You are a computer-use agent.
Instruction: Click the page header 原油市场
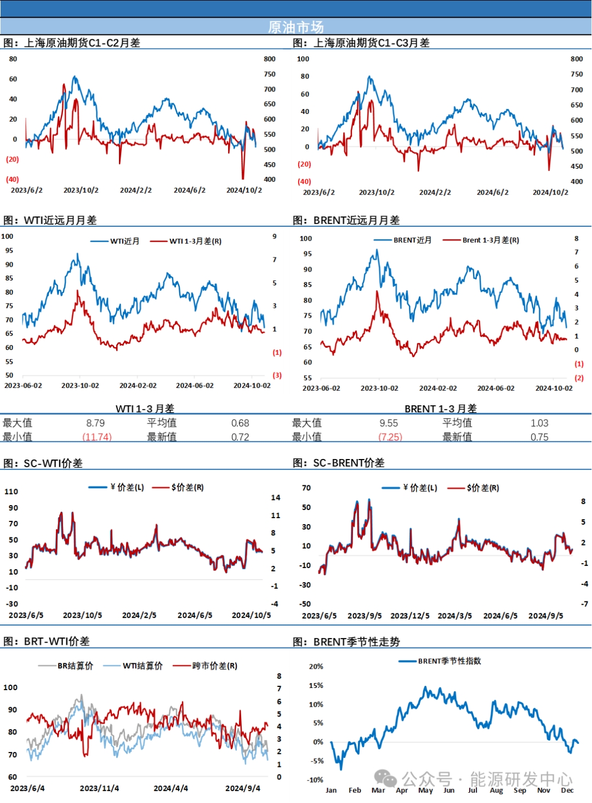[x=295, y=27]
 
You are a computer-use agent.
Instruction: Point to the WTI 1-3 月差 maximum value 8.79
[x=95, y=423]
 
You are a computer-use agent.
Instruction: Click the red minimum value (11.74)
[x=97, y=437]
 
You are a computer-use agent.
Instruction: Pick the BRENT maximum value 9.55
[x=389, y=423]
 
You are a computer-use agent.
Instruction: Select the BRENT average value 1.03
[x=539, y=423]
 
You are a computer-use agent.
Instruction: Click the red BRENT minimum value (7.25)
[x=390, y=437]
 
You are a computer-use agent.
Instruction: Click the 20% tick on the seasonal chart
[x=316, y=667]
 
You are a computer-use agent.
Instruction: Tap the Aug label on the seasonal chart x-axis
[x=496, y=790]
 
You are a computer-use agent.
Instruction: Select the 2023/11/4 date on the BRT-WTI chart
[x=99, y=788]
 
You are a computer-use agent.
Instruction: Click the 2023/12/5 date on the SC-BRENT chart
[x=410, y=616]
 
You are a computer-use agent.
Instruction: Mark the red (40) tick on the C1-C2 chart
[x=12, y=179]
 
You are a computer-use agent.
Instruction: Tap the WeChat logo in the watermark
[x=385, y=778]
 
